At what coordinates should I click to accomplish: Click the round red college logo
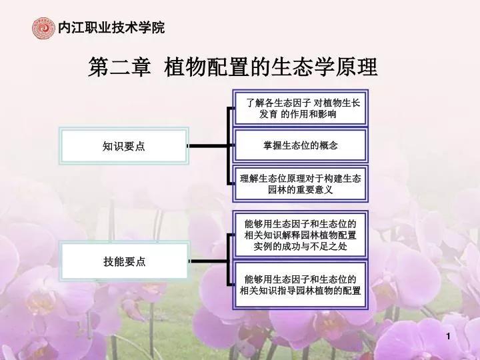[43, 28]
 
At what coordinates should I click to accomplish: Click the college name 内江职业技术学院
[111, 27]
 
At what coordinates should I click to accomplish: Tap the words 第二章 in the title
[120, 67]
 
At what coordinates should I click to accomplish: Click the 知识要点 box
[124, 146]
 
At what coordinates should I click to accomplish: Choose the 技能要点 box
[124, 261]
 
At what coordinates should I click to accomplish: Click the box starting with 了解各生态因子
[300, 108]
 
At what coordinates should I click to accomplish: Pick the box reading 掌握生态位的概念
[300, 145]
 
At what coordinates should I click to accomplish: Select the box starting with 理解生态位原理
[300, 184]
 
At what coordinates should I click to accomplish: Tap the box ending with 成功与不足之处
[300, 235]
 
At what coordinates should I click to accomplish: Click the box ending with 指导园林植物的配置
[300, 285]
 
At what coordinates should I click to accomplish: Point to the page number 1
[448, 337]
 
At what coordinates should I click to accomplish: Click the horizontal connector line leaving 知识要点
[208, 146]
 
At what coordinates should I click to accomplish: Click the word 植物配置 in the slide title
[207, 67]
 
